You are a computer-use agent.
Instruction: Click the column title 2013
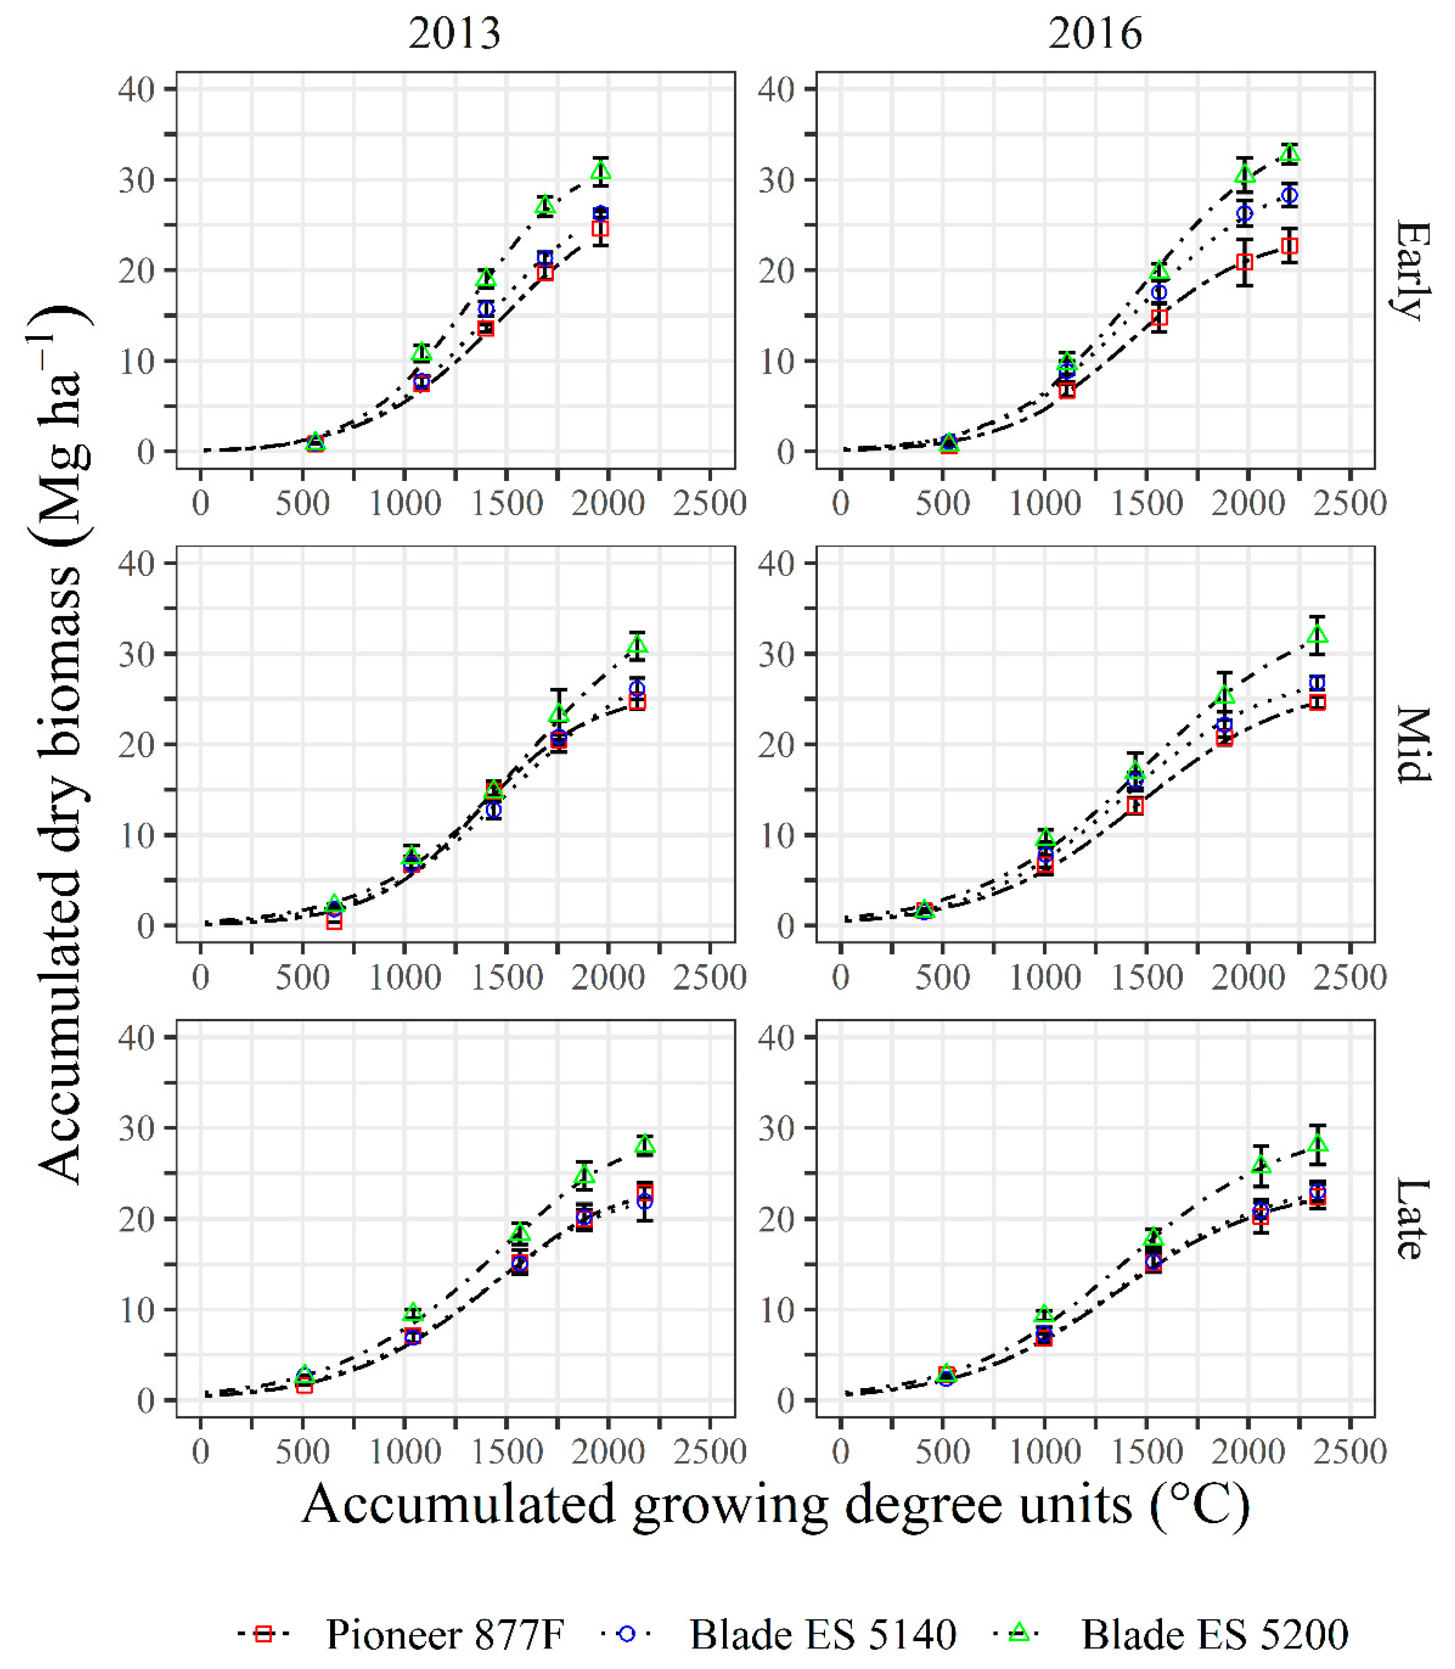(455, 34)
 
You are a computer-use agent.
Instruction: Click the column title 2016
(1095, 34)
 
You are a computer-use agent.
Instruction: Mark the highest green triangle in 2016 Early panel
(1289, 153)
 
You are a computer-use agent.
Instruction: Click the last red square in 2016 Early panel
(1289, 246)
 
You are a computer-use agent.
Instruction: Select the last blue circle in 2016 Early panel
(1289, 196)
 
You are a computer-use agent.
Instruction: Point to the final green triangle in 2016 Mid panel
(1318, 635)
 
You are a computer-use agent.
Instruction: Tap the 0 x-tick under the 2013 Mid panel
(200, 977)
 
